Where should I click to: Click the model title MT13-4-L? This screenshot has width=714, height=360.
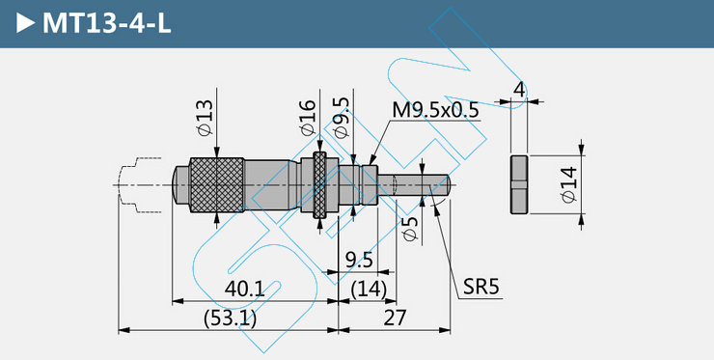coord(106,23)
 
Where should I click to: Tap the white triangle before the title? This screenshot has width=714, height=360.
coord(25,23)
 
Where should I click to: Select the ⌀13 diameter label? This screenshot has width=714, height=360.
coord(206,118)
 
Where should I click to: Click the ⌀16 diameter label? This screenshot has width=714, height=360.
coord(309,118)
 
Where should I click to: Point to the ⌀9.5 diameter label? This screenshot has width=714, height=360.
coord(342,118)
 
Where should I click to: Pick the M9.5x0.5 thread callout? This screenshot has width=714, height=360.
coord(436,110)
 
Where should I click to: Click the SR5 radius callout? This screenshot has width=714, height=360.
coord(481,287)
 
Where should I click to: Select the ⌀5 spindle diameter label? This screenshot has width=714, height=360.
coord(411,229)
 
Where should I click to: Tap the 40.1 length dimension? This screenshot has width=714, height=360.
coord(244,289)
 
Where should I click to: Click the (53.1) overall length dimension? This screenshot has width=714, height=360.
coord(230,318)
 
